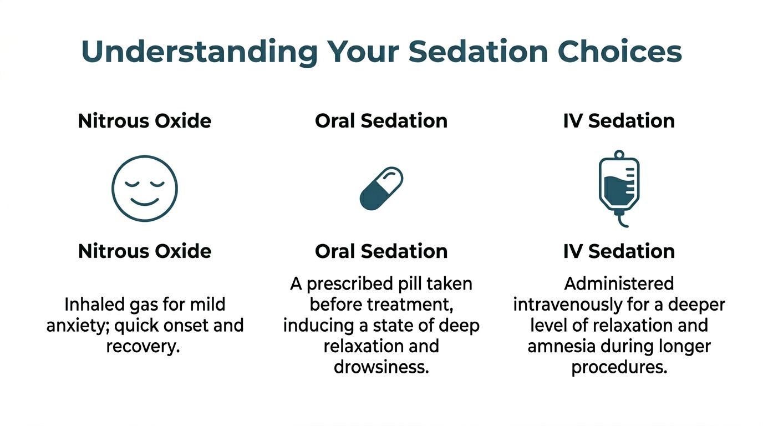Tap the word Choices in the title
click(x=619, y=52)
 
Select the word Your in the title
click(x=363, y=52)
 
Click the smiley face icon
click(x=145, y=188)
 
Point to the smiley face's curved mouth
click(x=145, y=201)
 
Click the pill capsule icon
click(x=381, y=189)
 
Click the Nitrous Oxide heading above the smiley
click(x=145, y=121)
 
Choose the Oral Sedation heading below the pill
click(x=381, y=251)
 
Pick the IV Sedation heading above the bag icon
click(x=619, y=121)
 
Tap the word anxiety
click(x=78, y=325)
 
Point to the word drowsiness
click(x=381, y=367)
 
